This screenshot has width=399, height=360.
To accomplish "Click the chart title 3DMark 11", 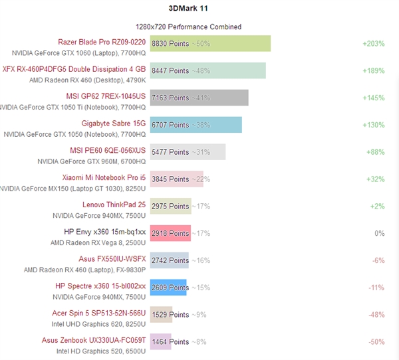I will click(x=188, y=8).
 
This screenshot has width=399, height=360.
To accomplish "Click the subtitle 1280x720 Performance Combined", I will click(x=188, y=27).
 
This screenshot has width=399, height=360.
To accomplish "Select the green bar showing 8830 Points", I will click(x=210, y=43).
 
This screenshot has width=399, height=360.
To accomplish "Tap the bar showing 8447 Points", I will click(x=207, y=70).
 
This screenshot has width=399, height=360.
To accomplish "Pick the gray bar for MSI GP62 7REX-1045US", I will click(x=199, y=98).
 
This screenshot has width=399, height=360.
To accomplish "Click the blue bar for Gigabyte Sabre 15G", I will click(x=196, y=124).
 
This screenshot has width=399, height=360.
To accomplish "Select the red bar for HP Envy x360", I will click(x=170, y=233).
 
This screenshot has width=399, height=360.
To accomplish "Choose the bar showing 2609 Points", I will click(x=168, y=288).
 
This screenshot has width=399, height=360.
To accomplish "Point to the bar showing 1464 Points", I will click(x=160, y=341).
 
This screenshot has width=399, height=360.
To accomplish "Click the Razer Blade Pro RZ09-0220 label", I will click(x=102, y=41).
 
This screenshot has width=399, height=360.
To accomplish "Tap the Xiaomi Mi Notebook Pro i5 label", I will click(x=103, y=177).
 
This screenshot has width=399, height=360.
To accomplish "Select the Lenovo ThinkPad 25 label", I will click(x=114, y=205).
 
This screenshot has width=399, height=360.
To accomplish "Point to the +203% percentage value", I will click(x=374, y=43).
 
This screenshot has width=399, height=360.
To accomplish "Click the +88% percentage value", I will click(x=376, y=152).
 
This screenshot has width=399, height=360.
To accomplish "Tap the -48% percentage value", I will click(x=376, y=315).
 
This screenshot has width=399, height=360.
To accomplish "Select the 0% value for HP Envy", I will click(x=380, y=233).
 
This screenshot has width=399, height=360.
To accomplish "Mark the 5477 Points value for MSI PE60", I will click(x=170, y=152).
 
